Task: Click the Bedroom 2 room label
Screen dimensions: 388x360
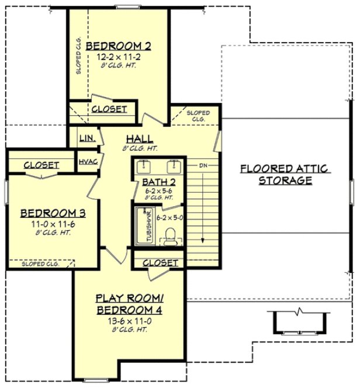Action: click(119, 46)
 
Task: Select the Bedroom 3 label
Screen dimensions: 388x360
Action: click(49, 213)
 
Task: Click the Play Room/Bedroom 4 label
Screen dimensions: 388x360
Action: click(129, 304)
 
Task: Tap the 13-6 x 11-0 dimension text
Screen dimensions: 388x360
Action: click(129, 320)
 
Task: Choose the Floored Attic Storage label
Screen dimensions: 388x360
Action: click(285, 175)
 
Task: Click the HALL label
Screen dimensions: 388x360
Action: click(139, 139)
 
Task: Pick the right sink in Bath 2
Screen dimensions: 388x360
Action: click(173, 167)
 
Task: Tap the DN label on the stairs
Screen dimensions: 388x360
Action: click(203, 166)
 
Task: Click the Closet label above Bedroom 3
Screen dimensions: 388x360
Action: click(41, 165)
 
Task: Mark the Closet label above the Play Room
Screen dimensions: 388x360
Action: click(160, 263)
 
